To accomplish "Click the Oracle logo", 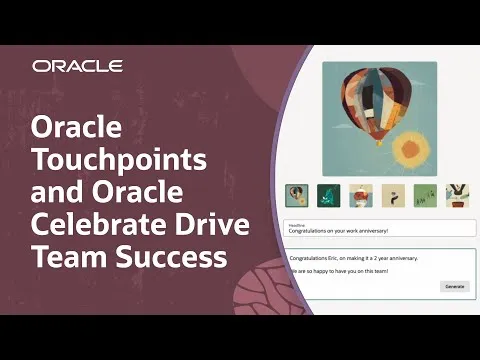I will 77,66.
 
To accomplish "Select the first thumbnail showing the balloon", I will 296,195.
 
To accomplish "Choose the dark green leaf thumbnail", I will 328,195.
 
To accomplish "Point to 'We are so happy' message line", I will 326,270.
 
